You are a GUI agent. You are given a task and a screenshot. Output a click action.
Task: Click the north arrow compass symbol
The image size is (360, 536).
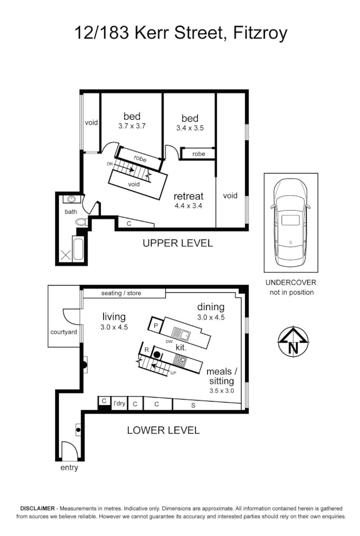[x=293, y=342]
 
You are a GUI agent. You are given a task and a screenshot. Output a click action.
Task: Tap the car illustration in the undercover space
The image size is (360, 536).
[x=290, y=222]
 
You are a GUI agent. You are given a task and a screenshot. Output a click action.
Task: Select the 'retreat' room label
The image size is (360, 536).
[x=187, y=196]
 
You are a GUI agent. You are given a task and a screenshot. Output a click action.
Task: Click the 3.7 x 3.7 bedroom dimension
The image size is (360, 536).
[x=131, y=126]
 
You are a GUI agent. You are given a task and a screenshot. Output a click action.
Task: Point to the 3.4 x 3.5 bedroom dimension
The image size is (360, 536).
[x=189, y=128]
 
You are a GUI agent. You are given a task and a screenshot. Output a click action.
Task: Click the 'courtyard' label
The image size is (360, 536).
[x=63, y=332]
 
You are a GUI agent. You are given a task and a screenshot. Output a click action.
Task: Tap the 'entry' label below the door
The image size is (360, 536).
[x=69, y=468]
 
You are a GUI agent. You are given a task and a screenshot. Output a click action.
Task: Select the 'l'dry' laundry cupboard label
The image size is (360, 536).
[x=119, y=403]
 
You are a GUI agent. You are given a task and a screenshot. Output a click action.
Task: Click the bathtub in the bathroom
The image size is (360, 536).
[x=78, y=249]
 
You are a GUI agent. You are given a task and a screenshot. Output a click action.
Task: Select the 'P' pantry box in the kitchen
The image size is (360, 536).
[x=155, y=325]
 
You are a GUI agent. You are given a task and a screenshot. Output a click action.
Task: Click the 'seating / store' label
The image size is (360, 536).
[x=121, y=293]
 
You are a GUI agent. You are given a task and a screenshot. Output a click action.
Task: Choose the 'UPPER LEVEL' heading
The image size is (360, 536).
[x=177, y=244]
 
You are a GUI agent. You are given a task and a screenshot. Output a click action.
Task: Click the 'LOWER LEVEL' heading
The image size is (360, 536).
[x=163, y=430]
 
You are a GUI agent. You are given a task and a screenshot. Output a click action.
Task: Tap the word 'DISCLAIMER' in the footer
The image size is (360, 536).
[x=37, y=507]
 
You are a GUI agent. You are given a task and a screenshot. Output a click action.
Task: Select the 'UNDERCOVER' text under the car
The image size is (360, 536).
[x=290, y=283]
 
